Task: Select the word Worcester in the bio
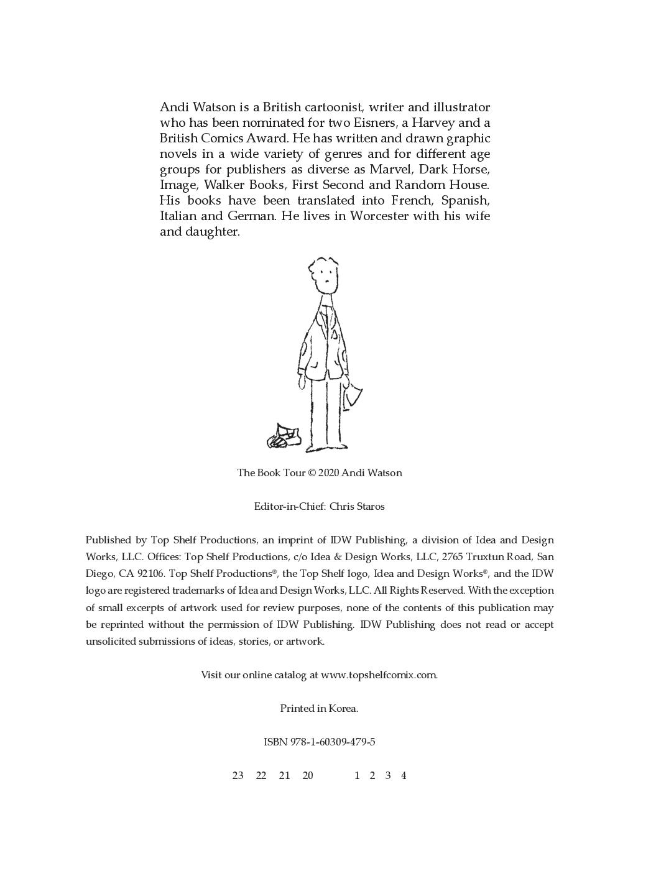click(x=379, y=216)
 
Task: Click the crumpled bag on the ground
click(x=284, y=436)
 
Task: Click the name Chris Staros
click(x=357, y=506)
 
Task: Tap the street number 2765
click(x=452, y=557)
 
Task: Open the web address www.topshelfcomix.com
click(x=379, y=675)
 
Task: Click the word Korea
click(x=343, y=708)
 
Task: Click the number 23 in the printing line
click(x=238, y=775)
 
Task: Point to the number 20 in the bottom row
click(x=308, y=775)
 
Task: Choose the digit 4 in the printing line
click(x=404, y=775)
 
